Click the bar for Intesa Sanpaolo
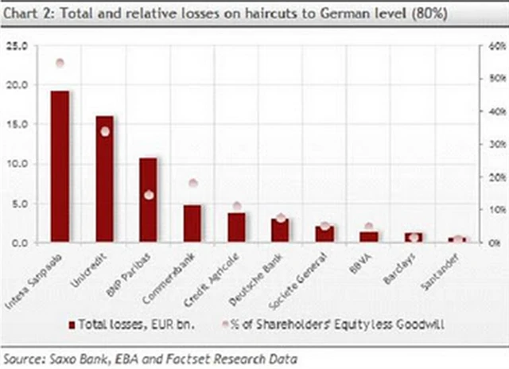pos(60,166)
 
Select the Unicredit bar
pos(104,179)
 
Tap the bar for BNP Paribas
pos(148,200)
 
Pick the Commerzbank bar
pos(192,223)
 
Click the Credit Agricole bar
pos(236,227)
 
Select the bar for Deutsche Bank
pos(280,231)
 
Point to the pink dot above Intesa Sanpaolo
pos(60,63)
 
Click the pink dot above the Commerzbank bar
pos(192,184)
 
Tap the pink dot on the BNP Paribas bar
pos(149,195)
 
